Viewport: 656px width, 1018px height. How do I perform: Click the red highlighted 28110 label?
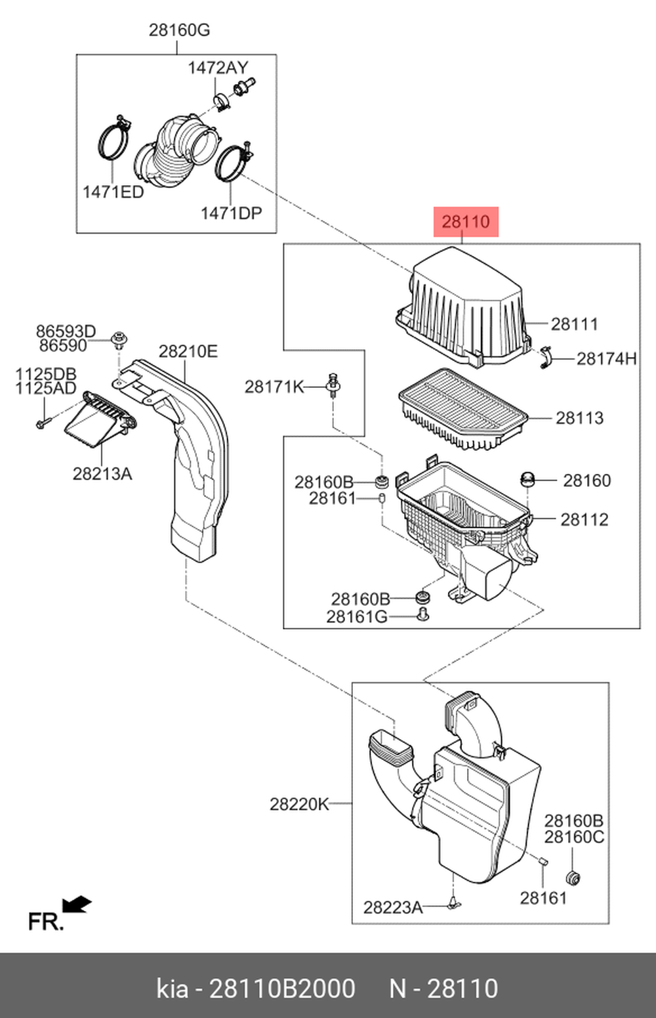point(466,222)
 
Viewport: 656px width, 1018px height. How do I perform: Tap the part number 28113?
point(579,418)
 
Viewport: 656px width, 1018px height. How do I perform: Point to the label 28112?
point(584,520)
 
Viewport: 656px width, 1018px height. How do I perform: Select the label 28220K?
point(299,804)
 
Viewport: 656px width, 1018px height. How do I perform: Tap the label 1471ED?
point(113,192)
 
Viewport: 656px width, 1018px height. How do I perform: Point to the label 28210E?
point(188,352)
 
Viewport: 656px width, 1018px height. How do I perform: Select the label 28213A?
point(102,473)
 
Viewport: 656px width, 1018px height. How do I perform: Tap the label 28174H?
point(606,359)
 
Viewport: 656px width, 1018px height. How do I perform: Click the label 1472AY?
point(218,68)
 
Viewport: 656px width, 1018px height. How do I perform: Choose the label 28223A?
point(392,908)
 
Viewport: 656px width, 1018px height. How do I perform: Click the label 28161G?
point(356,617)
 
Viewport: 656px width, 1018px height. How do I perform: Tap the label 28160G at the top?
point(179,30)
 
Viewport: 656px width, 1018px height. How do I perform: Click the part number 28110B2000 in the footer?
point(282,988)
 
